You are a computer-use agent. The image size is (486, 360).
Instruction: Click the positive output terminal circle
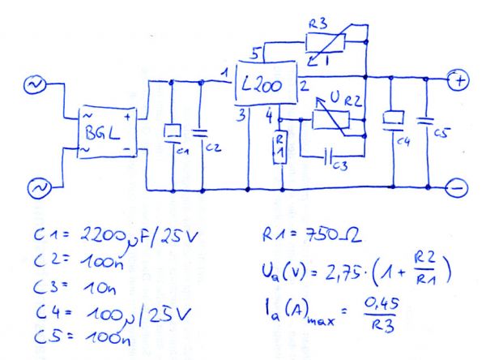459,80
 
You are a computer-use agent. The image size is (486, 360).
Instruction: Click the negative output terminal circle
458,188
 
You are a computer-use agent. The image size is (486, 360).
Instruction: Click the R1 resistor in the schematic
280,147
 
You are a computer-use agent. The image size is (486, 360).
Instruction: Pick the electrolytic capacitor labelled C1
173,131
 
